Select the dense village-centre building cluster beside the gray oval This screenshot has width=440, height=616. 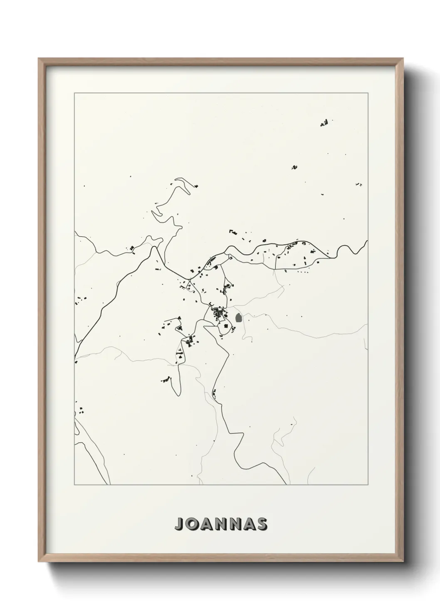[218, 313]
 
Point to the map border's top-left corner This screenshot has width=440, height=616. [74, 93]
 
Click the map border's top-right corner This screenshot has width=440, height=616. [367, 93]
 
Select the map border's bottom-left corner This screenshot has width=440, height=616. [74, 485]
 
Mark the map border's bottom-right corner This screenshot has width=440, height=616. [367, 485]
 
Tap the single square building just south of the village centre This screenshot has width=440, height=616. [226, 327]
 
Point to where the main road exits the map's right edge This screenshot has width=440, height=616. [367, 241]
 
